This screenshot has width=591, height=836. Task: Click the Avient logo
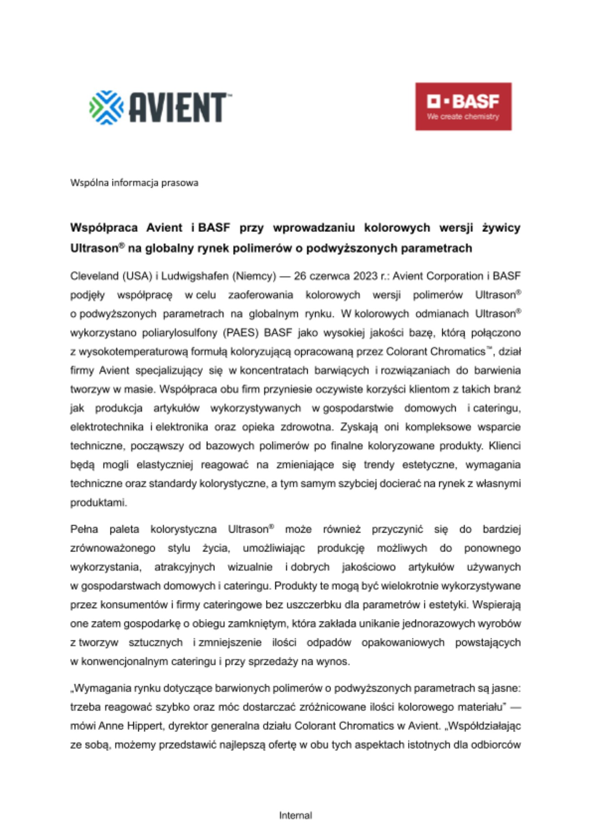160,107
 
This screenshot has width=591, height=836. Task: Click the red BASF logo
463,106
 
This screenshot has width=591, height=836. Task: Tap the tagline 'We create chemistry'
463,117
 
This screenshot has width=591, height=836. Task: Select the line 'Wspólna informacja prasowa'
134,183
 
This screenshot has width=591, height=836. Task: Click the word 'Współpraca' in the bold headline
104,228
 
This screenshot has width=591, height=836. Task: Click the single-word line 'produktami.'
98,502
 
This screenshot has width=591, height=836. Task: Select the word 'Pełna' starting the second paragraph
84,529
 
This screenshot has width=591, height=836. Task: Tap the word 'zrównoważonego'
113,548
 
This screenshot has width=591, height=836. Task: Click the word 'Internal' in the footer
295,815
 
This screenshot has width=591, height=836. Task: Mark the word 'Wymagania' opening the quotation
101,688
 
